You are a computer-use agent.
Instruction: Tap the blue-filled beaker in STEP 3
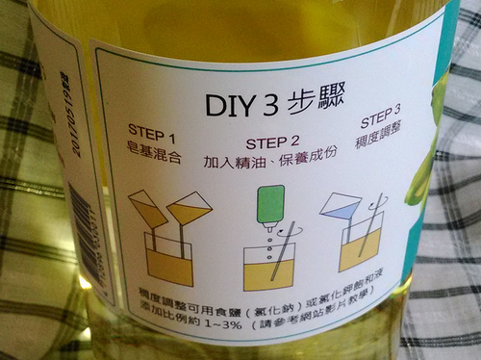340,205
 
